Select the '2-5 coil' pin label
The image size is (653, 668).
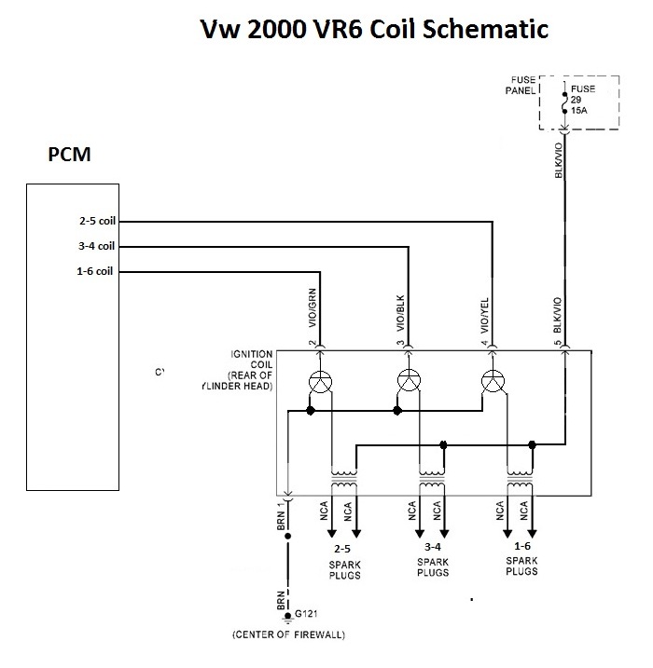(x=96, y=222)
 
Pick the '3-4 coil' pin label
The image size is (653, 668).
(x=96, y=247)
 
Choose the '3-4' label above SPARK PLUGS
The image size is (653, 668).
(x=432, y=547)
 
